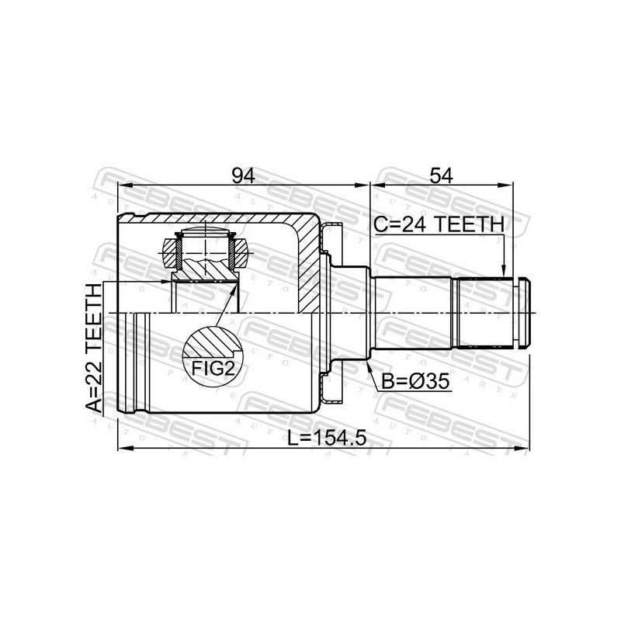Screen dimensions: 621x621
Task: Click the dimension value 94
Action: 243,175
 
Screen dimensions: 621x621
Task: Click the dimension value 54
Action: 441,175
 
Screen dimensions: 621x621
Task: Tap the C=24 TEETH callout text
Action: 439,224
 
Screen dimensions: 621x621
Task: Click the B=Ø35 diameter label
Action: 415,382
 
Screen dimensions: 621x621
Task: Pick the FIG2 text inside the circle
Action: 213,369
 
